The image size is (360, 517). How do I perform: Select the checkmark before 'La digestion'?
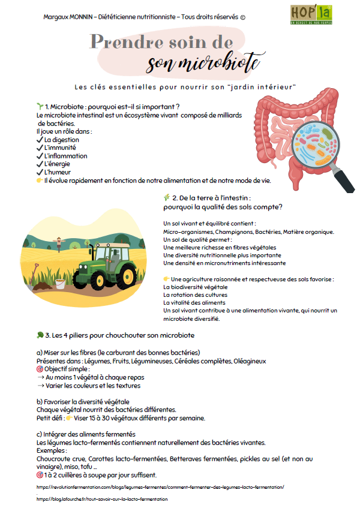tap(40, 140)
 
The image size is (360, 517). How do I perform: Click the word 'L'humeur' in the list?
tap(58, 172)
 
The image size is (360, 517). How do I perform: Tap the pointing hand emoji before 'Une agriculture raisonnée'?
tap(166, 279)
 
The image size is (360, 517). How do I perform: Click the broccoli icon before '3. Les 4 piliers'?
tap(40, 334)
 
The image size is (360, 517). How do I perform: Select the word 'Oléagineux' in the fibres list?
tap(250, 361)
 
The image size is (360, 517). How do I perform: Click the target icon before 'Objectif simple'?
tap(40, 369)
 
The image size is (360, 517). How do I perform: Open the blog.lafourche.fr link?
tap(102, 499)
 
